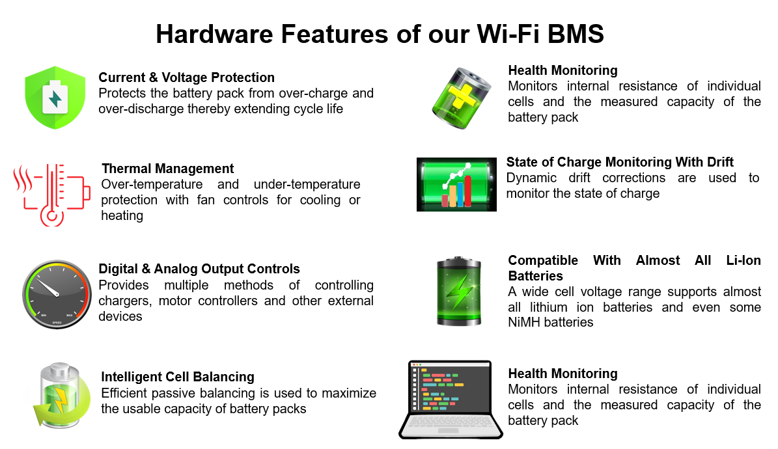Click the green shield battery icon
(x=55, y=98)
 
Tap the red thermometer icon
(x=52, y=195)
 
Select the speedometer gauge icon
(x=57, y=293)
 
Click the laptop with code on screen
(x=451, y=400)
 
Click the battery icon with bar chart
(x=456, y=185)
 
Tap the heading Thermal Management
(x=168, y=169)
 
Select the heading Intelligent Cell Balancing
(x=178, y=377)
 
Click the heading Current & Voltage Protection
(x=187, y=77)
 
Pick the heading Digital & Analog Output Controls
(x=199, y=269)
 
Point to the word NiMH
(x=524, y=323)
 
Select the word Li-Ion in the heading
(x=743, y=260)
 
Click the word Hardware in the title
(x=215, y=34)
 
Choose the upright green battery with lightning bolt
(x=458, y=292)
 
